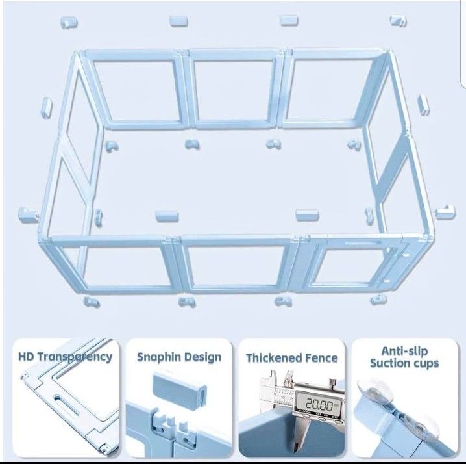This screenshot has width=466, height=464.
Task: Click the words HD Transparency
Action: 65,357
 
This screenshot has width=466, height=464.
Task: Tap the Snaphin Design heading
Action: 179,357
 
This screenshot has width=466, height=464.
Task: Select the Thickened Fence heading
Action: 292,358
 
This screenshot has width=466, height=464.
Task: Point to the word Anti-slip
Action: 404,351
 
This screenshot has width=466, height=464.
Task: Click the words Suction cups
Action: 404,363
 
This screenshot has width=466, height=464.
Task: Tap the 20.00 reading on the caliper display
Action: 319,404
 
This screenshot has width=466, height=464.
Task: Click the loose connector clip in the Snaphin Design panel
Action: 180,389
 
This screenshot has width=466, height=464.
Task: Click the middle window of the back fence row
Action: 234,90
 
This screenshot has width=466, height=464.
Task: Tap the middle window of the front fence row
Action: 236,266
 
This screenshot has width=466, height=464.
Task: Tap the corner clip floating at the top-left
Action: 69,23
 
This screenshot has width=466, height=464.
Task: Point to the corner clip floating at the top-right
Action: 399,21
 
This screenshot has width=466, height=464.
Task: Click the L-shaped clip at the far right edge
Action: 445,213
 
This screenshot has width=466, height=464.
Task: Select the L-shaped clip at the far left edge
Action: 28,215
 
